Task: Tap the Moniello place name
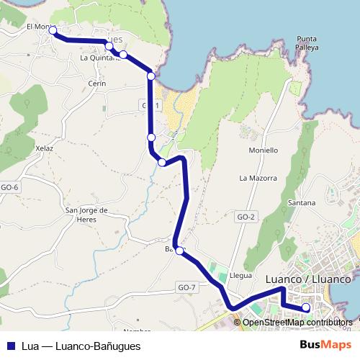pos(263,150)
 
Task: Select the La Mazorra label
pos(258,177)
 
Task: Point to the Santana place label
pos(301,203)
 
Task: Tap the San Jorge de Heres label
pos(86,215)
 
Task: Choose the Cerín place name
pos(96,84)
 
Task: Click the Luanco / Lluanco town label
pos(307,279)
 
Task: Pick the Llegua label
pos(240,274)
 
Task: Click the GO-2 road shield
pos(246,217)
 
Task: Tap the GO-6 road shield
pos(9,188)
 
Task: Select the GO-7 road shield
pos(186,288)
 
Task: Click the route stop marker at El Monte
pos(52,30)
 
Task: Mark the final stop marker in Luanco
pos(306,308)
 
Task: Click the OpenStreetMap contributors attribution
pos(297,322)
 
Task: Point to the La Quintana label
pos(99,58)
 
